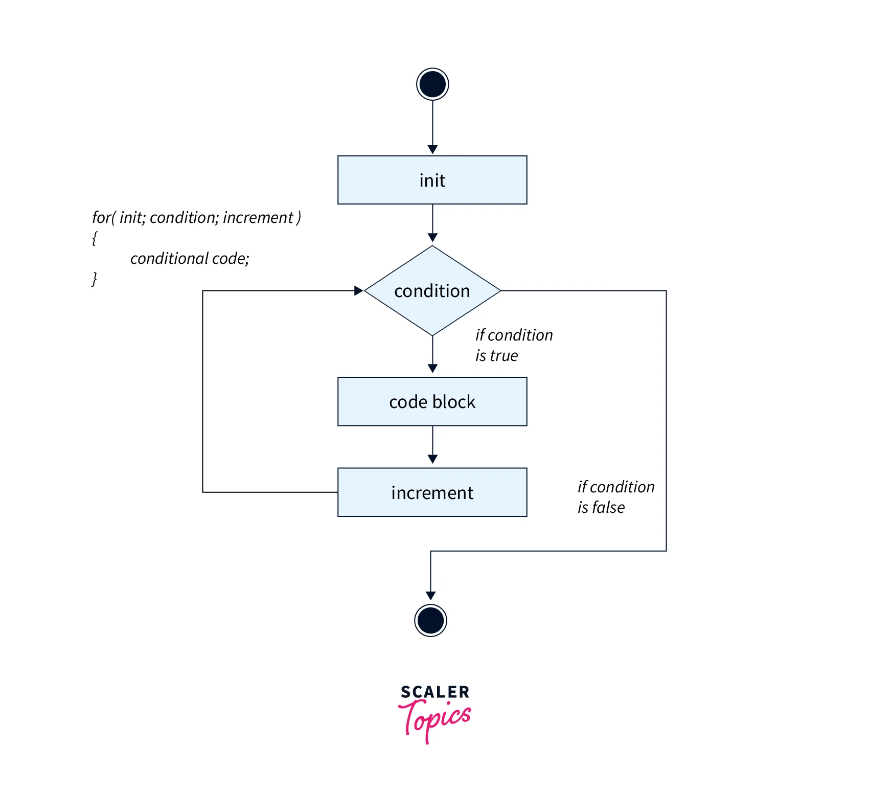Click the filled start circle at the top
(432, 84)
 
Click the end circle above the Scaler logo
(430, 621)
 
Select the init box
(432, 180)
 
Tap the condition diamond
(432, 290)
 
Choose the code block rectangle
(432, 401)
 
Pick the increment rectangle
(432, 492)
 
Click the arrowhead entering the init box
(432, 149)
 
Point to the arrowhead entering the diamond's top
(432, 238)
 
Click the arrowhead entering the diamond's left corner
(358, 290)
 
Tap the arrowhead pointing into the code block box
(432, 369)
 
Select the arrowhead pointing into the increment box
(432, 459)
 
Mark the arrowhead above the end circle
(430, 596)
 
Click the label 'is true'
(496, 355)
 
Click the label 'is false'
(601, 507)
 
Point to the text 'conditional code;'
(190, 258)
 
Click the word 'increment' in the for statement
(258, 217)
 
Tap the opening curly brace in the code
(95, 238)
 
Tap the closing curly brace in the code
(95, 279)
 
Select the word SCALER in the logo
(435, 692)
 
